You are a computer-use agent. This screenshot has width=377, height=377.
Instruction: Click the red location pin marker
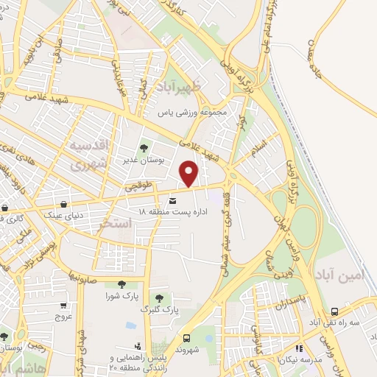(x=190, y=173)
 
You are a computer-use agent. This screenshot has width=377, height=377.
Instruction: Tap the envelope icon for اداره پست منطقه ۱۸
(x=173, y=200)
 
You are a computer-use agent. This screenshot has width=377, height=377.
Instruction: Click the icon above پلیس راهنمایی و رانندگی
(x=137, y=346)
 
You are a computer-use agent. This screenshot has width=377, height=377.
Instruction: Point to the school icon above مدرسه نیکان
(x=298, y=348)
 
